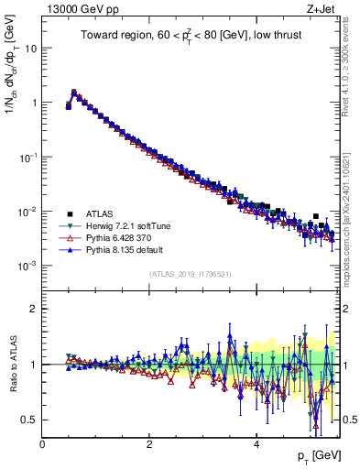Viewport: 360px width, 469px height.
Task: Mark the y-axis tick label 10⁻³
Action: [x=28, y=266]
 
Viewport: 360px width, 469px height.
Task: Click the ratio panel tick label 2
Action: [x=34, y=309]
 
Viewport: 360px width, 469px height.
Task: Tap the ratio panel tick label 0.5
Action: [x=30, y=420]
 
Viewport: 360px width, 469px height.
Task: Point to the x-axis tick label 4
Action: [x=256, y=444]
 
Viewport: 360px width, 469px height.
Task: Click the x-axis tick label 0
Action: [x=42, y=444]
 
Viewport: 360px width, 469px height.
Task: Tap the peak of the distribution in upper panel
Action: [x=74, y=92]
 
